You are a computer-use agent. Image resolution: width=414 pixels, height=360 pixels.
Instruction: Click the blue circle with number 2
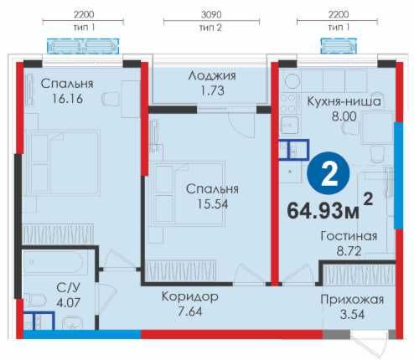pyautogui.click(x=329, y=174)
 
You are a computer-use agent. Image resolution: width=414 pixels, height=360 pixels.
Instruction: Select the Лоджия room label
pyautogui.click(x=210, y=75)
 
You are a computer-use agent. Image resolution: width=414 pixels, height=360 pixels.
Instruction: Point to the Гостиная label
pyautogui.click(x=349, y=235)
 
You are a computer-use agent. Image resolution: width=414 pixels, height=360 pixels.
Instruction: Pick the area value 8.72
pyautogui.click(x=348, y=250)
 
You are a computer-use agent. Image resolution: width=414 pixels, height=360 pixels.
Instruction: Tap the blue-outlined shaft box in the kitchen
pyautogui.click(x=293, y=149)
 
